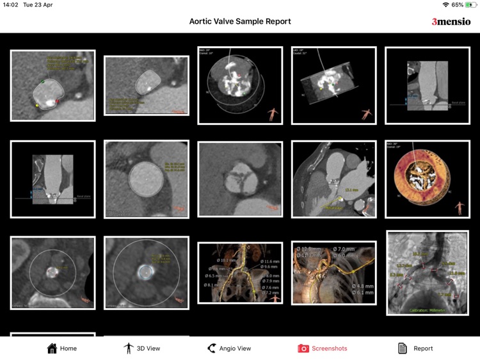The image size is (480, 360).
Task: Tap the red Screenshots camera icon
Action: coord(303,348)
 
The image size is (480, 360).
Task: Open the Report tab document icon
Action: coord(403,348)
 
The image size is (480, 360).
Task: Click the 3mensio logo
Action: coord(451,22)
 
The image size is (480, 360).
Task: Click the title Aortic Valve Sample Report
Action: coord(240,21)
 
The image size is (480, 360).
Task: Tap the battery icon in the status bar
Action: coord(471,5)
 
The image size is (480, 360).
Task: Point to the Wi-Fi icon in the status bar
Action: coord(445,5)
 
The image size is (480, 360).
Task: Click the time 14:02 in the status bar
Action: coord(11,5)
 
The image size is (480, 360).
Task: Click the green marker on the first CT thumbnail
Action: coord(43,82)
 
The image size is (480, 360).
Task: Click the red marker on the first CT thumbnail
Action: coord(57,101)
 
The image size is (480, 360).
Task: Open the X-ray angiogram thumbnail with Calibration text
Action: coord(427,273)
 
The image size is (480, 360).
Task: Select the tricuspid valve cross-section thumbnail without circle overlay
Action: coord(240,179)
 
